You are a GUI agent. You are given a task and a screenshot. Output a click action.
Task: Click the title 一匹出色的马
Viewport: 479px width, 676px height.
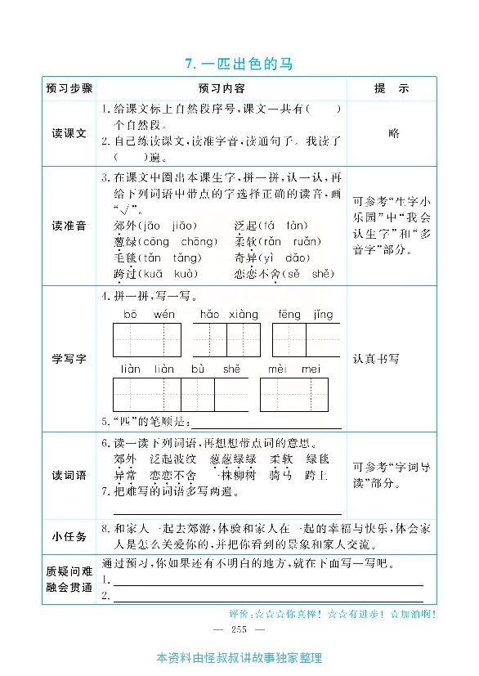[239, 63]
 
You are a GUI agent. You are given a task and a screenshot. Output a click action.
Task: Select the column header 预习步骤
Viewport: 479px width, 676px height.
[69, 88]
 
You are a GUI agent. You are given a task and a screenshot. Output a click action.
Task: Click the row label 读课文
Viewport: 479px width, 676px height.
[69, 133]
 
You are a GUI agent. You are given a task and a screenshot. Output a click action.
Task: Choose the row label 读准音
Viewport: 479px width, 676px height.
[69, 225]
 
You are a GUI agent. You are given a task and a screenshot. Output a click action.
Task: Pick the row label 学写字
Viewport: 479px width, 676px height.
[69, 359]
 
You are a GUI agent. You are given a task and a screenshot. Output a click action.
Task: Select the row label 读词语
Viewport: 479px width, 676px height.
[69, 475]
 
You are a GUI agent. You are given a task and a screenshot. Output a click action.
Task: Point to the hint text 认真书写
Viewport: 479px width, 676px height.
[376, 359]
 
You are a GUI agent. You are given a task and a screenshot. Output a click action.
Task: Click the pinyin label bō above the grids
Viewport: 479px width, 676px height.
[130, 315]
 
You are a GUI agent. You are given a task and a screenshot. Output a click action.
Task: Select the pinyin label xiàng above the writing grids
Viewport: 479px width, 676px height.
[243, 315]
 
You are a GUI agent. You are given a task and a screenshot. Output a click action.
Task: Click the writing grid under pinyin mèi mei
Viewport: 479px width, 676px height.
[294, 394]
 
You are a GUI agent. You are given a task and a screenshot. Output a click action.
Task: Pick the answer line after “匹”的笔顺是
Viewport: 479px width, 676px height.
[265, 424]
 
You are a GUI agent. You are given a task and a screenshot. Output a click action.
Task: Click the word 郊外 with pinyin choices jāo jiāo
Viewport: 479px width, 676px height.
[125, 226]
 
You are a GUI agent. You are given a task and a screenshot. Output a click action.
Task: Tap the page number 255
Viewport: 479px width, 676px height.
[239, 628]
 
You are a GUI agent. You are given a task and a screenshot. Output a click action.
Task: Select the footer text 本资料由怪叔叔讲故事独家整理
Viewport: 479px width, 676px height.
[239, 658]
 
